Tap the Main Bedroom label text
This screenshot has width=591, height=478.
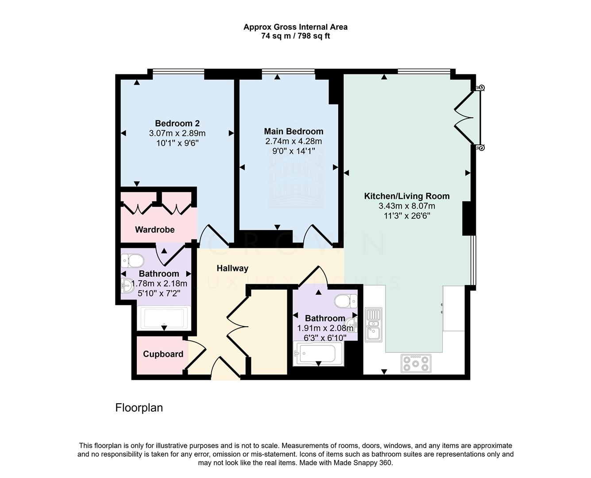point(294,131)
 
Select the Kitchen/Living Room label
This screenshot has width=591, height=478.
point(406,196)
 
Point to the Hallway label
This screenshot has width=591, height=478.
point(232,268)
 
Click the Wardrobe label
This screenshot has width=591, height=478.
point(155,230)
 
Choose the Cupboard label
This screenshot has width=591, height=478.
point(163,354)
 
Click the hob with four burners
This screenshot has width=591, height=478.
point(415,363)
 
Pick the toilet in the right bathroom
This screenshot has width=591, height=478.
point(346,301)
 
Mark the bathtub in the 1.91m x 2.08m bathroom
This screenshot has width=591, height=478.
point(318,355)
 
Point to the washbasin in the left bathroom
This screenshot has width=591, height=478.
point(127,286)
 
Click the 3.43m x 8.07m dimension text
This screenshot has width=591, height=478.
point(406,206)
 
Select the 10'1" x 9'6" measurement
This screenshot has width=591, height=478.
point(177,143)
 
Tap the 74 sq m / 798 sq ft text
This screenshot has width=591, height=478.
point(295,36)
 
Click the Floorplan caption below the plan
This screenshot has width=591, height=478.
point(139,408)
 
